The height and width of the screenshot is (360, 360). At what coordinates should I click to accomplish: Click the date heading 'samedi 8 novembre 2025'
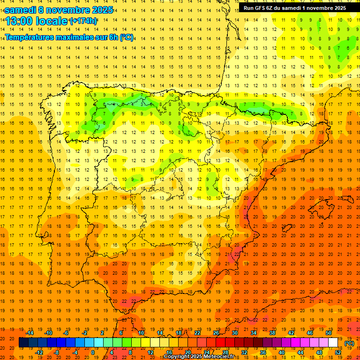click(x=59, y=10)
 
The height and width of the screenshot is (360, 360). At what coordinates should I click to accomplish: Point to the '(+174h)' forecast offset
click(x=83, y=21)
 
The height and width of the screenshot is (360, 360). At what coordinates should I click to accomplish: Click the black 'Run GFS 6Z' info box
click(x=295, y=7)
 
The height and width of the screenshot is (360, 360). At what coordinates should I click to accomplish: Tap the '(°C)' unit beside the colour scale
click(x=349, y=343)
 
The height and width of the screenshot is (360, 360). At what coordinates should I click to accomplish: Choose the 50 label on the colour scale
click(x=328, y=333)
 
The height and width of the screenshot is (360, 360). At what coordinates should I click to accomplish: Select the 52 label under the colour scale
click(x=338, y=352)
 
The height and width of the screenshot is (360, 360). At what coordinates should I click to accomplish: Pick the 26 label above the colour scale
click(x=216, y=333)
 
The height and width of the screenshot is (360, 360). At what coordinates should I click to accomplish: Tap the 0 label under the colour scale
click(x=93, y=352)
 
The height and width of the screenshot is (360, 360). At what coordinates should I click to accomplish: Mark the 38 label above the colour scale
click(x=272, y=333)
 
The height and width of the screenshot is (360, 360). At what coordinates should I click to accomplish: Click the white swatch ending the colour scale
click(x=333, y=343)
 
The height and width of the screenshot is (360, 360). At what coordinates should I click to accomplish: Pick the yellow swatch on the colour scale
click(x=164, y=343)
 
